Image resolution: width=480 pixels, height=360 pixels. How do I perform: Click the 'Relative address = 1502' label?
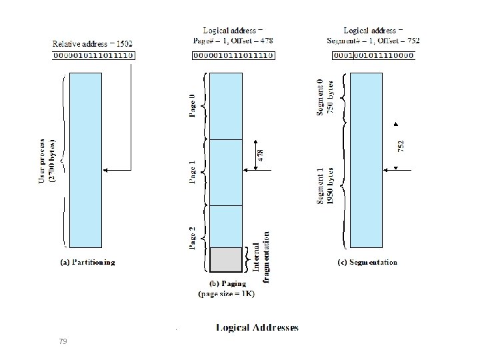93,44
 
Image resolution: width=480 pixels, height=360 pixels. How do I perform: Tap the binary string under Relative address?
93,56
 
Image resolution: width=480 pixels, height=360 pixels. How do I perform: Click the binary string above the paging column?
233,56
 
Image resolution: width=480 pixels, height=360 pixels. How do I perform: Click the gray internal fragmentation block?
226,259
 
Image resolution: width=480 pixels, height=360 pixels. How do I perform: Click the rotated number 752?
401,145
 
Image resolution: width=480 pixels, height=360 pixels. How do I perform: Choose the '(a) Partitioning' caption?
87,263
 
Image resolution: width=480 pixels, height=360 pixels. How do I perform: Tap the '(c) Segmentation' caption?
367,263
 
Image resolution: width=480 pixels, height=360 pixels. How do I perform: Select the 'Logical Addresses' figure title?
257,327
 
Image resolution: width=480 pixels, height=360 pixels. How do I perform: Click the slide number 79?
63,341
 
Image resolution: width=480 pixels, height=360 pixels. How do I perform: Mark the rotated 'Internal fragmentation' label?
261,257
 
